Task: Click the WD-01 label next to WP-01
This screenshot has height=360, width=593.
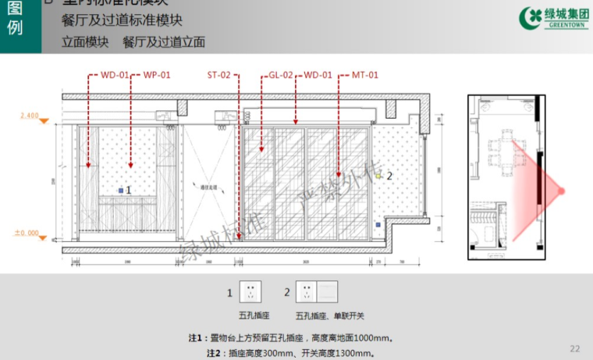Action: coord(114,75)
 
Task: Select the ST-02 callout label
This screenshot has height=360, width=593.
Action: coord(218,75)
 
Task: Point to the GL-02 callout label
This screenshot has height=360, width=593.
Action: coord(280,75)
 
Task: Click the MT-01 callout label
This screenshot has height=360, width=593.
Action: coord(364,75)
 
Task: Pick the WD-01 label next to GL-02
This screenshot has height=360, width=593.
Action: coord(317,75)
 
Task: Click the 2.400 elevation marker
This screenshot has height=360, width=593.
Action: coord(29,116)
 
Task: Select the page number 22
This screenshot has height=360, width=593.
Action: coord(575,348)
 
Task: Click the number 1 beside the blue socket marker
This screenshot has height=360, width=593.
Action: coord(129,190)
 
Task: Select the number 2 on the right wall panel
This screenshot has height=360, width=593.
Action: coord(389,176)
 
